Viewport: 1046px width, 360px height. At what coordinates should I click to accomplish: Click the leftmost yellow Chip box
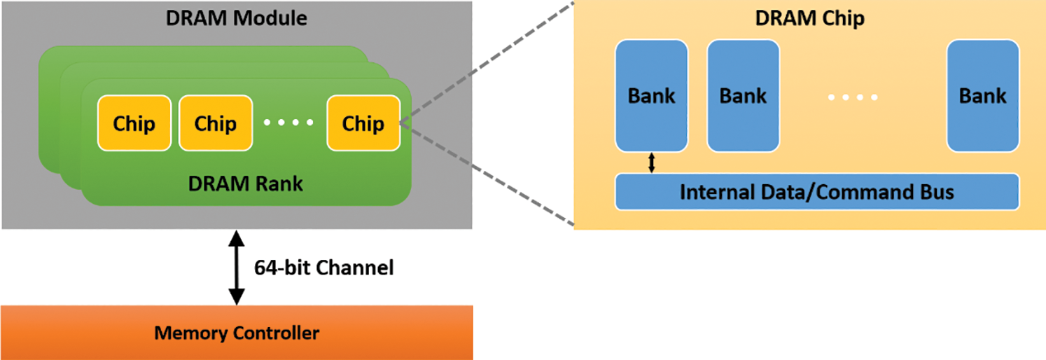[134, 123]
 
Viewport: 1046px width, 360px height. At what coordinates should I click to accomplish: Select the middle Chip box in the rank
[215, 123]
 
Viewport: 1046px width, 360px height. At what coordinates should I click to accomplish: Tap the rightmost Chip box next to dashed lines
[363, 123]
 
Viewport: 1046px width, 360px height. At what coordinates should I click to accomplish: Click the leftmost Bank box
[651, 95]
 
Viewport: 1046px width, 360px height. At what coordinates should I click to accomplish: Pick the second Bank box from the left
[743, 95]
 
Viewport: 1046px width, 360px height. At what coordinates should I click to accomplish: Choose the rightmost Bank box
[982, 95]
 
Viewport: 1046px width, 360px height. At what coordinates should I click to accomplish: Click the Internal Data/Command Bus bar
[816, 191]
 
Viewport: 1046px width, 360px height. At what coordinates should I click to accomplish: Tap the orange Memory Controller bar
[237, 333]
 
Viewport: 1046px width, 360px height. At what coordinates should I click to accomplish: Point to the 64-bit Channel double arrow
[237, 268]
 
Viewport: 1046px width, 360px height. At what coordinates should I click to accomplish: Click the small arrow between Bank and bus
[652, 162]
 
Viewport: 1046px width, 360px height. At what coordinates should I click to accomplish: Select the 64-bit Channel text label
[323, 268]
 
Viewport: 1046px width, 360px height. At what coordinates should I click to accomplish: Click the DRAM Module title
[237, 18]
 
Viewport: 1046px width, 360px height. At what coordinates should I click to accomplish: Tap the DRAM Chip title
[809, 18]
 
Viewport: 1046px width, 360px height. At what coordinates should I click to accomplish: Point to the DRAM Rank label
[246, 184]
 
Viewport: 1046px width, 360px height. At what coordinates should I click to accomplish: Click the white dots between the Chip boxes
[288, 123]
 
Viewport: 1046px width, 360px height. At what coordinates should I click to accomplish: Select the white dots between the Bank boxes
[853, 97]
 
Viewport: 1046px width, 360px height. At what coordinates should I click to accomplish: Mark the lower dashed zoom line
[487, 174]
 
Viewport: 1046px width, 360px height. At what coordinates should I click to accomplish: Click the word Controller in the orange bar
[277, 333]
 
